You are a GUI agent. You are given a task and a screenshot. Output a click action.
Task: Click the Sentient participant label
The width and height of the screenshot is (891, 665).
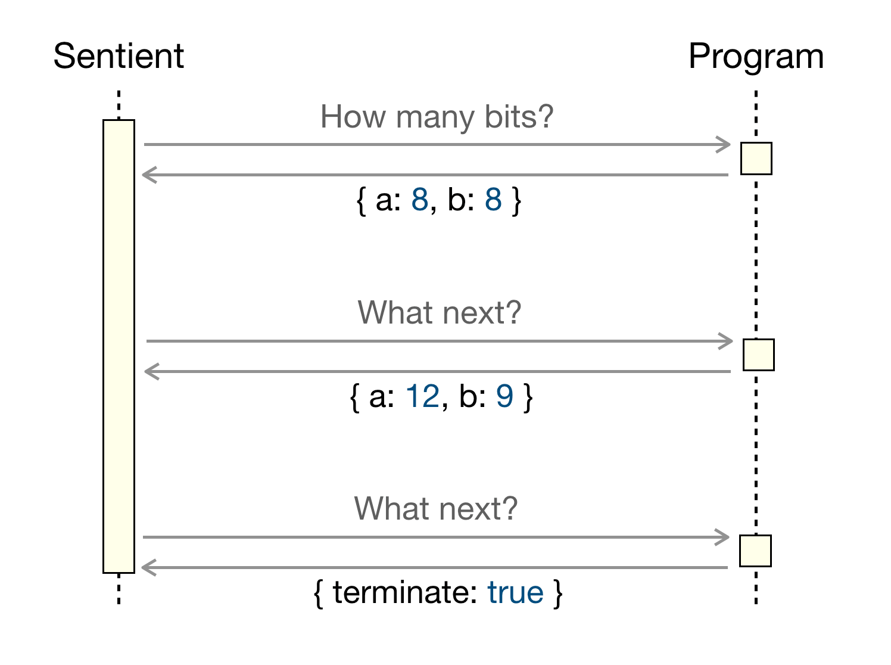click(x=119, y=56)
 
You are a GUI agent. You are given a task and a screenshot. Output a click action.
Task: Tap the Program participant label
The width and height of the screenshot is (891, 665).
click(x=756, y=57)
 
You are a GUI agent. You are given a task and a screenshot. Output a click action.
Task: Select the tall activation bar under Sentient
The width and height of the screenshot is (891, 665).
click(x=119, y=346)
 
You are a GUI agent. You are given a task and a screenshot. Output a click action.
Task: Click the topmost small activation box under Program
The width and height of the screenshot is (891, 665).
click(x=756, y=159)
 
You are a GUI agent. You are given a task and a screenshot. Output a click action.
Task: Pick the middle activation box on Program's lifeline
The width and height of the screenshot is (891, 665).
click(x=758, y=355)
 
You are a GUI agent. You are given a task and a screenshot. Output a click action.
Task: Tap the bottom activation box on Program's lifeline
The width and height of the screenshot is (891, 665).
click(x=755, y=551)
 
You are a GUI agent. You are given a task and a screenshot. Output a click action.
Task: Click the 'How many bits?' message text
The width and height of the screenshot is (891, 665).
click(x=437, y=117)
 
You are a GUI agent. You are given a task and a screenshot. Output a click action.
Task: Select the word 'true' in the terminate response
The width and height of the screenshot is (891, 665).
click(x=515, y=592)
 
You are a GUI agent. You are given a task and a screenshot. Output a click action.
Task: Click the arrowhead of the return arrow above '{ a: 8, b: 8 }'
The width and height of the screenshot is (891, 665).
click(x=149, y=175)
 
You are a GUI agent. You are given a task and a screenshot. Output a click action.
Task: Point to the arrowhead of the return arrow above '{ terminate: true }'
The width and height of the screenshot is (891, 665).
click(x=148, y=567)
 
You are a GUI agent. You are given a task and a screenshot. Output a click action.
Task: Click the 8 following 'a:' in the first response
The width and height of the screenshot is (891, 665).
click(x=420, y=200)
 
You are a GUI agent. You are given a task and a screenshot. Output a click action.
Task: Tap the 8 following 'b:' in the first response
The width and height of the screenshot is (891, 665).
click(x=493, y=200)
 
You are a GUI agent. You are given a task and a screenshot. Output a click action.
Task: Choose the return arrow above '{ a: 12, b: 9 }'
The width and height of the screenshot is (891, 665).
click(x=438, y=371)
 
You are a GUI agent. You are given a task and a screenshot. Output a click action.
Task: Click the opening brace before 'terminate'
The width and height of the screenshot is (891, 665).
click(x=319, y=593)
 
